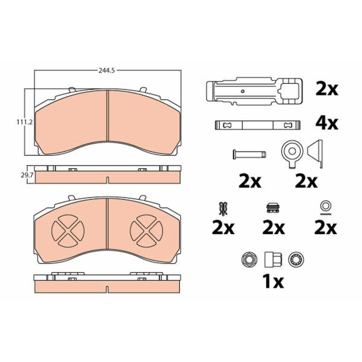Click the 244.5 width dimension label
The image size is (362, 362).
tap(106, 71)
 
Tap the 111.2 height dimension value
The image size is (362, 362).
tap(24, 122)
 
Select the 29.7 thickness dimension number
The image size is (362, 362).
tap(27, 175)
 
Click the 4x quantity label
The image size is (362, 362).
tap(326, 124)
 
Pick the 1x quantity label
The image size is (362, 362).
tap(273, 281)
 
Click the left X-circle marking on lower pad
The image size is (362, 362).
tap(68, 230)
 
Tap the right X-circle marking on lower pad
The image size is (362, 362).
tap(147, 230)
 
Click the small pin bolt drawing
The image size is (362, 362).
tap(249, 154)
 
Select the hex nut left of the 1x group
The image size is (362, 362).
tap(248, 259)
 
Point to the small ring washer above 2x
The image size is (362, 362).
tap(325, 206)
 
